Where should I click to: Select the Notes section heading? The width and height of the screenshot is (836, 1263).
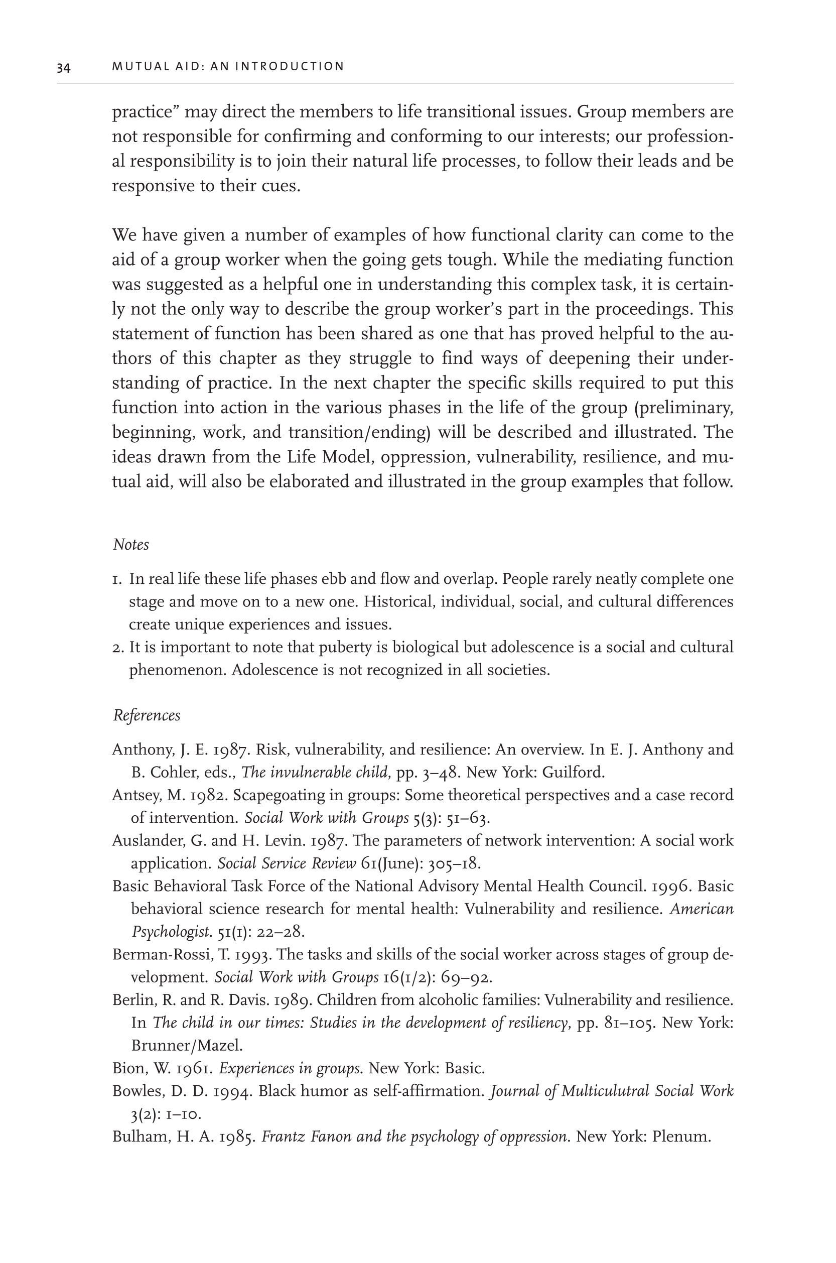130,545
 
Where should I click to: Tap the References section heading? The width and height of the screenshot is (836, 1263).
147,715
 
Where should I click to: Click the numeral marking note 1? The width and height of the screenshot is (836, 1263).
117,579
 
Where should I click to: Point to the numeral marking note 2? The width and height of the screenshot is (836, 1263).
118,648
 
